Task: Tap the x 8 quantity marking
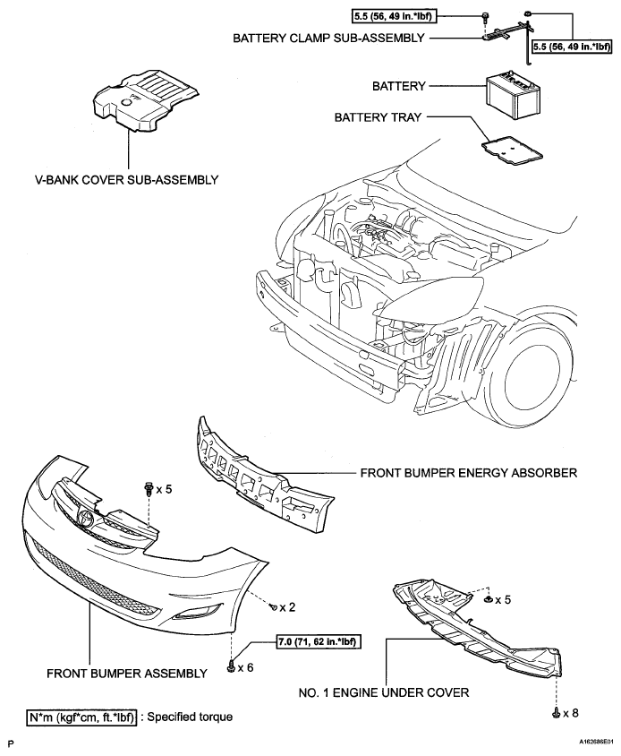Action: click(x=568, y=714)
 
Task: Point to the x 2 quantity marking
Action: click(x=286, y=607)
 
